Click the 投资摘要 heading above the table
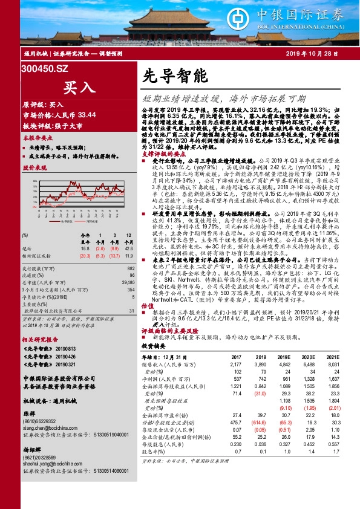coord(154,347)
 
